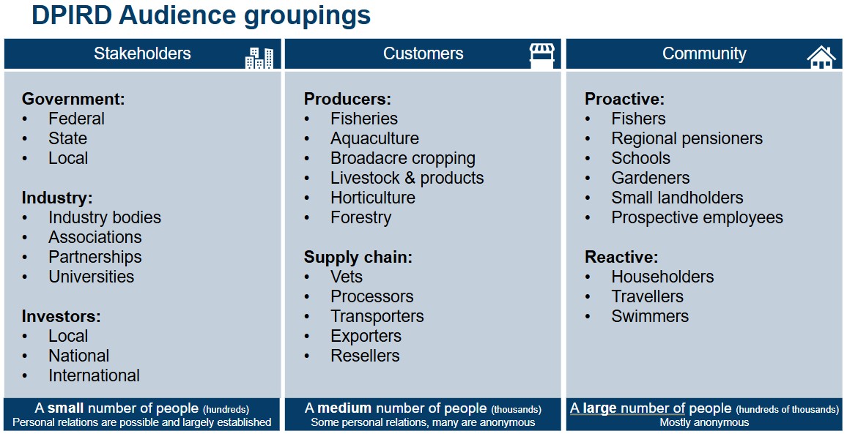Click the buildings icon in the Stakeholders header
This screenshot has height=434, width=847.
[259, 58]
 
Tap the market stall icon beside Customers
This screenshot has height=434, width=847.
[541, 56]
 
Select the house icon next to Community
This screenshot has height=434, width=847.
[821, 57]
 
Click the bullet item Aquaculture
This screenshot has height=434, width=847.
[374, 138]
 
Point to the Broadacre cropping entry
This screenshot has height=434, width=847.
[403, 158]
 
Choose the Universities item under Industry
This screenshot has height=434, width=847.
[92, 277]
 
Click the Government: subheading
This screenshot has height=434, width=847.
[73, 99]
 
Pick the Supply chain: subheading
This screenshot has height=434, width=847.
[358, 257]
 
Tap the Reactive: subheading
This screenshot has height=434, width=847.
[621, 257]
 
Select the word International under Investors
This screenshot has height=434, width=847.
[94, 375]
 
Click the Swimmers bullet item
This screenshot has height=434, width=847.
[650, 315]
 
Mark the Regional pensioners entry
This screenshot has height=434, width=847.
[687, 138]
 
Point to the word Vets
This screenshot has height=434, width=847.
[347, 277]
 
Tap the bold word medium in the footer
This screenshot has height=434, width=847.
[344, 408]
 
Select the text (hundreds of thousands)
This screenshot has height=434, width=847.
[787, 409]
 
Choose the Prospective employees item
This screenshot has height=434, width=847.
[697, 217]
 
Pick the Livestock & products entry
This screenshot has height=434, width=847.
[407, 178]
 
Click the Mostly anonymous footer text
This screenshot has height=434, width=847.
[704, 423]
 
